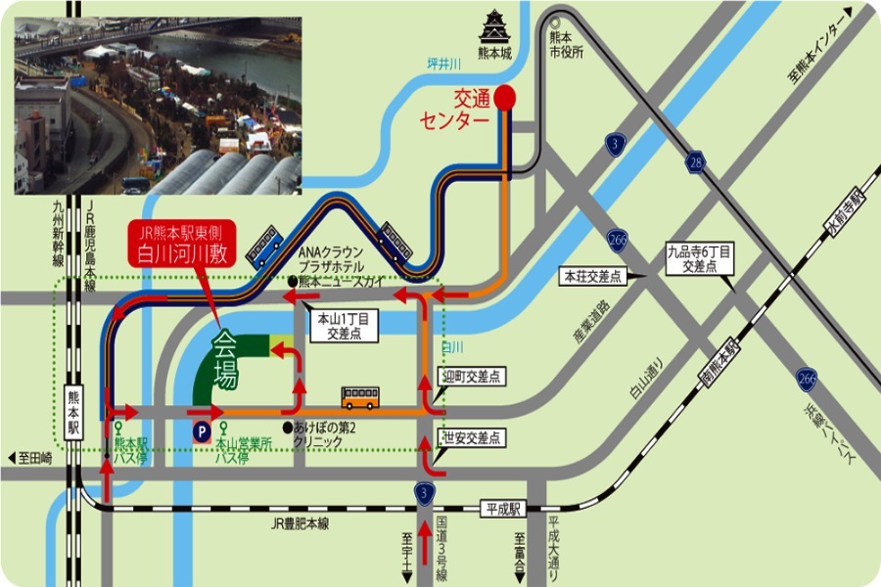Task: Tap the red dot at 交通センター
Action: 504,97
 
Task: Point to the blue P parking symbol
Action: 202,430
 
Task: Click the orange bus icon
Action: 360,398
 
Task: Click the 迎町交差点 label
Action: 472,376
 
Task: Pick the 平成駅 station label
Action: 505,509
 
